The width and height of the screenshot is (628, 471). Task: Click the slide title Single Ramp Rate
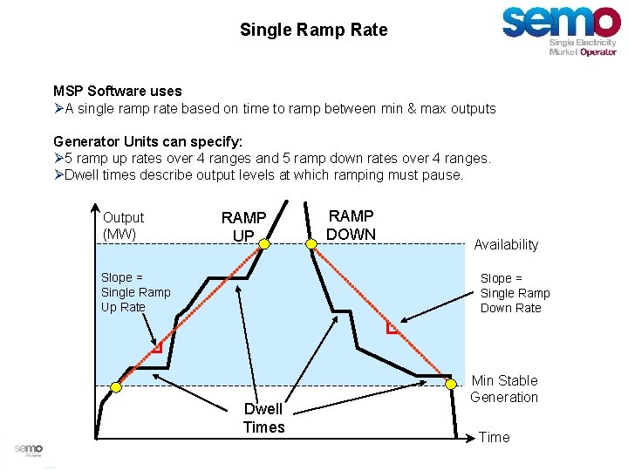tap(313, 30)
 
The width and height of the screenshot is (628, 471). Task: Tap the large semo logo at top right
tap(561, 28)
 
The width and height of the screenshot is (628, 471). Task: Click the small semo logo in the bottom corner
tap(28, 448)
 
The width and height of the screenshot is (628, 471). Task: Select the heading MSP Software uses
tap(118, 91)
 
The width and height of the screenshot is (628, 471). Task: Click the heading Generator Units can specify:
tap(147, 141)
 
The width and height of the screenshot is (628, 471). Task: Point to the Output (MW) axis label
tap(123, 225)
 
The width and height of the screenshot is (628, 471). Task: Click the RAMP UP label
tap(243, 226)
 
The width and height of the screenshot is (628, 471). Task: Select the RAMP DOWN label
tap(351, 224)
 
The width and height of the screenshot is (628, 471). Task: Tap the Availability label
tap(506, 245)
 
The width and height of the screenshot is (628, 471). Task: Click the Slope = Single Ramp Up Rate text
tap(136, 292)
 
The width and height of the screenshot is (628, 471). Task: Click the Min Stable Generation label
tap(504, 389)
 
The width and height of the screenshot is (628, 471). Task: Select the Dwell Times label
tap(263, 418)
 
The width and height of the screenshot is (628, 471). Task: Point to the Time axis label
tap(495, 437)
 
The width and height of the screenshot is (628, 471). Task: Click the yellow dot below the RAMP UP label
tap(264, 247)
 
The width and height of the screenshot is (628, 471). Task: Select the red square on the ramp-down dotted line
tap(393, 329)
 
